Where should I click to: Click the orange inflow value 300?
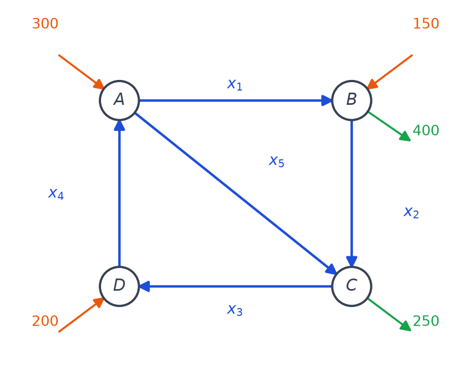[45, 23]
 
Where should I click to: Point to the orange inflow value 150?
[426, 23]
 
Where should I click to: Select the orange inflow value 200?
[45, 321]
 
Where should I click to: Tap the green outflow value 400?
[426, 130]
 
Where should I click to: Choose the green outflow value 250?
[426, 321]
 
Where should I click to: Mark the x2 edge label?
[411, 213]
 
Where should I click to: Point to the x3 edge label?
[234, 310]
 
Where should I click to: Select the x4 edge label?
[56, 194]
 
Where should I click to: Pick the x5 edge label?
[276, 161]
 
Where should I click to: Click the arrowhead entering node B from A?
[327, 101]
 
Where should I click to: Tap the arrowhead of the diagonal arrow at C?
[331, 269]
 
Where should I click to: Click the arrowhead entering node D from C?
[144, 286]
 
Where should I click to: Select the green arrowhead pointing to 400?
[405, 137]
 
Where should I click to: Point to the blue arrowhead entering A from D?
[119, 125]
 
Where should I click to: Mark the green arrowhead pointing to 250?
[405, 326]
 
